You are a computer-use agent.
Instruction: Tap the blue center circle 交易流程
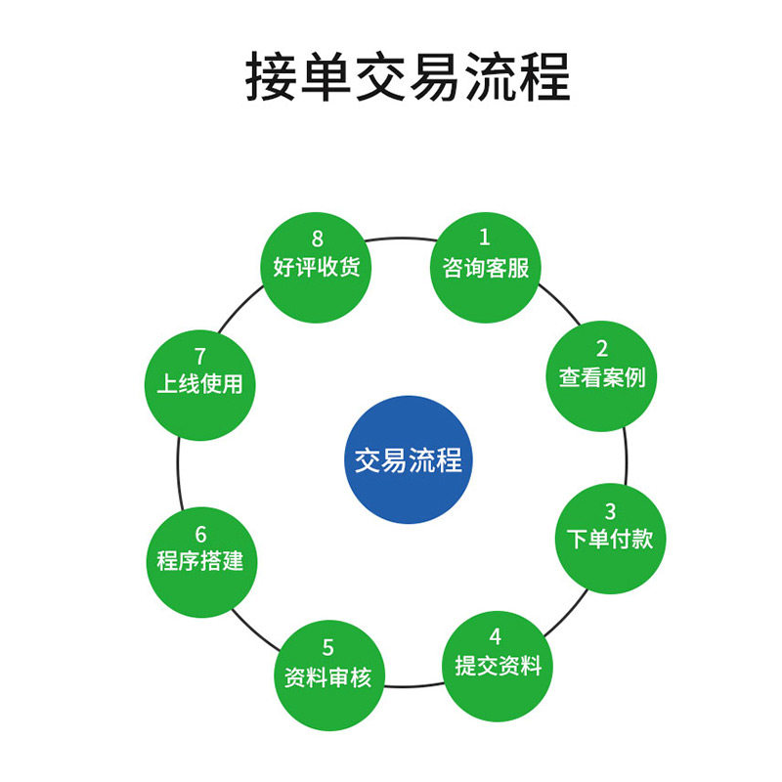pos(408,459)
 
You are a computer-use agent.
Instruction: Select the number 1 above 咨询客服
pos(484,237)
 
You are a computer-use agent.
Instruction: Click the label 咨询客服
pos(486,267)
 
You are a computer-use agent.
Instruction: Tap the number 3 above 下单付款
pos(610,511)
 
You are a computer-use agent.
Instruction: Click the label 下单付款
pos(610,539)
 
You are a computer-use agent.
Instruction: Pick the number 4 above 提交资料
pos(496,637)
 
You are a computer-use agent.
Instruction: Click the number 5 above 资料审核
pos(328,647)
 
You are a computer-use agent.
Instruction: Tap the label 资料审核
pos(328,676)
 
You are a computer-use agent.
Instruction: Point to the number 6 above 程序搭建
pos(200,535)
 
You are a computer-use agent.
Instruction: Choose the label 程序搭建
pos(200,562)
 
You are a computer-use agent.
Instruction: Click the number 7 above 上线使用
pos(200,356)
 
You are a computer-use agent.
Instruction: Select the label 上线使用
pos(200,384)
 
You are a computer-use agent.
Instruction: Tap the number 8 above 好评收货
pos(317,238)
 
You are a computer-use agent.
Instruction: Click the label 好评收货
pos(317,267)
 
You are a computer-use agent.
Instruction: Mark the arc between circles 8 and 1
pos(401,237)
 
